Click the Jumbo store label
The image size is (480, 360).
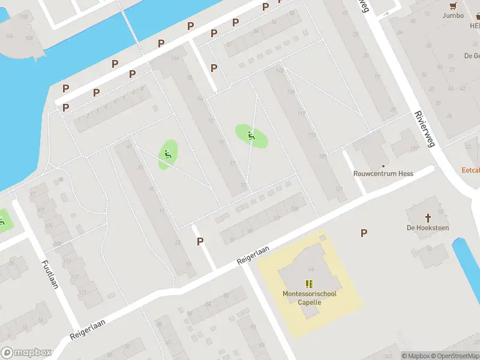(x=453, y=16)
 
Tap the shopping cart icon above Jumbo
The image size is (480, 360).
(x=454, y=5)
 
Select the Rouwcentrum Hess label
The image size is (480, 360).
(x=383, y=173)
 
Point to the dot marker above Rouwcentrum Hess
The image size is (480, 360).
(x=383, y=165)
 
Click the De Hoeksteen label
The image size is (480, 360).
(x=428, y=227)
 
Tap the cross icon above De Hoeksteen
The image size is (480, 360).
(x=428, y=217)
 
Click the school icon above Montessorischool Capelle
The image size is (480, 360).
(x=310, y=284)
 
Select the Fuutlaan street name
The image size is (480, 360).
(x=50, y=274)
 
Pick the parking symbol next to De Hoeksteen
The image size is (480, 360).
(x=364, y=233)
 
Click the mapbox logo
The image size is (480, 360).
(x=26, y=352)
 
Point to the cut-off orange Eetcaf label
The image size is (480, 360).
(x=470, y=170)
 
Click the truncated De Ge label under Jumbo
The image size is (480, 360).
(x=472, y=56)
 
